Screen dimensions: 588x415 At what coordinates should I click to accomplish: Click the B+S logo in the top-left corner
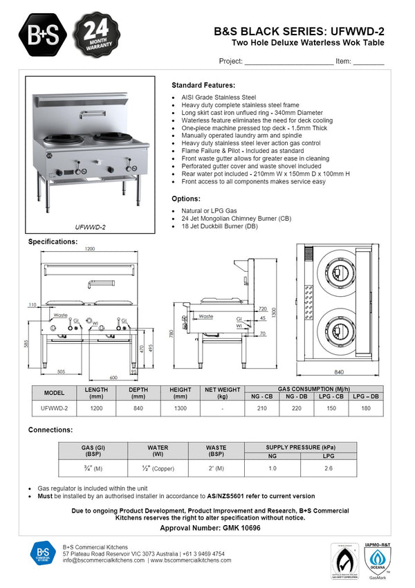tap(44, 33)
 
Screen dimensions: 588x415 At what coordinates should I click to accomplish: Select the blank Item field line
tap(368, 62)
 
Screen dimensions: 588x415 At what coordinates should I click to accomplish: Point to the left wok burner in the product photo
tap(64, 140)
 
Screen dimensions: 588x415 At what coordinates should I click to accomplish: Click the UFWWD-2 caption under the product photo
tap(90, 226)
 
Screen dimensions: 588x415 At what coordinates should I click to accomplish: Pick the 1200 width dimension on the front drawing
tap(90, 249)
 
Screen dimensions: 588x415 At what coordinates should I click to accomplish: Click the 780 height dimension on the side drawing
tap(172, 334)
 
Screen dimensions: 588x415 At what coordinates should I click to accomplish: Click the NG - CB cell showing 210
tap(262, 408)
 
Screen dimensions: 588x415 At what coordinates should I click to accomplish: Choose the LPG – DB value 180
tap(365, 408)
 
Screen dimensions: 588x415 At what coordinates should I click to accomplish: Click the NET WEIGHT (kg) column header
tap(223, 393)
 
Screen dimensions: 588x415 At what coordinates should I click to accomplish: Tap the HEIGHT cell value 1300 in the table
tap(181, 408)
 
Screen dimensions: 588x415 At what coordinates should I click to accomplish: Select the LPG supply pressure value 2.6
tap(328, 468)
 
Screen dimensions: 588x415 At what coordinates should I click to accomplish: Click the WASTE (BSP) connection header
tap(216, 451)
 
